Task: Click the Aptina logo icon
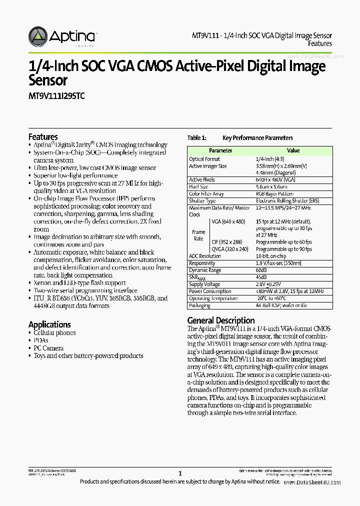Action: pos(38,36)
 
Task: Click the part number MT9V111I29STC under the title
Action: pos(56,96)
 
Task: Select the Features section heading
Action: pos(43,136)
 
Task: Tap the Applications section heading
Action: pos(49,324)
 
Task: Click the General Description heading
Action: pos(220,320)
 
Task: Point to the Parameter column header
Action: pos(220,150)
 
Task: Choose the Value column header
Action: pos(293,150)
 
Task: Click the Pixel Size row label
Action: pos(199,186)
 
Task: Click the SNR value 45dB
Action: pos(261,277)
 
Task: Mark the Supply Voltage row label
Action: pos(204,284)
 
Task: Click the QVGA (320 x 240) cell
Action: pos(230,249)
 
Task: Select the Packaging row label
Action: pos(200,305)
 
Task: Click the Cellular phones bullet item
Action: pos(55,333)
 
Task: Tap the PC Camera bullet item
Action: pos(49,348)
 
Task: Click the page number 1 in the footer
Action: pos(180,473)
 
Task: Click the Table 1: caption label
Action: pos(196,138)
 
